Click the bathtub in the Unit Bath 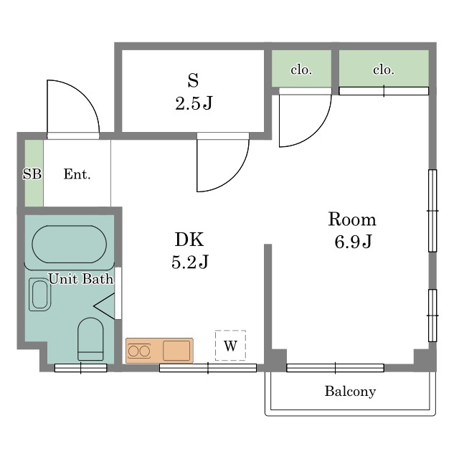point(69,244)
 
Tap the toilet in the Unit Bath point(90,339)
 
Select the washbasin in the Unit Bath point(40,294)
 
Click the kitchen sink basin point(176,351)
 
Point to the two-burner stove point(139,351)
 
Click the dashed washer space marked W point(230,346)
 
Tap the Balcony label point(350,392)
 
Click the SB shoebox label point(32,174)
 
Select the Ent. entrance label point(77,174)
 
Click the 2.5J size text point(194,103)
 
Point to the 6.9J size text point(353,242)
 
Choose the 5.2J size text point(190,262)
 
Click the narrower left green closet point(301,69)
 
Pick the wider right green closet point(384,69)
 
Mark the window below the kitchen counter point(208,368)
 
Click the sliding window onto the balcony point(335,368)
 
